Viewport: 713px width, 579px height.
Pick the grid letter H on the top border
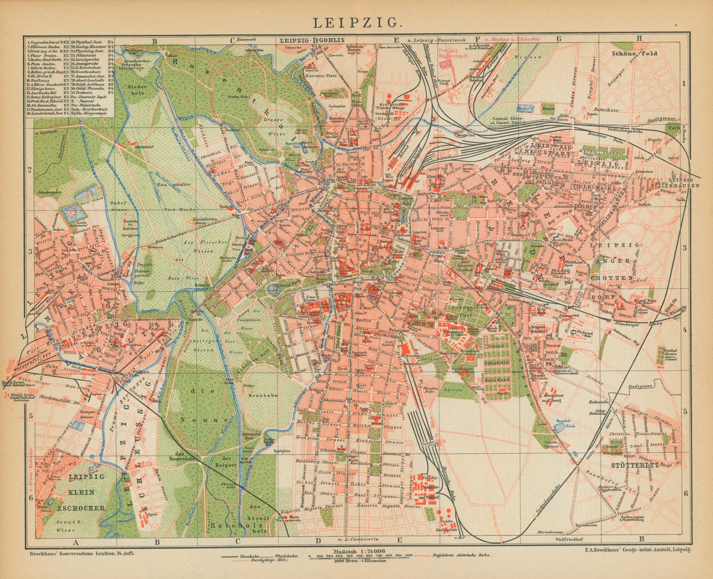click(639, 38)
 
